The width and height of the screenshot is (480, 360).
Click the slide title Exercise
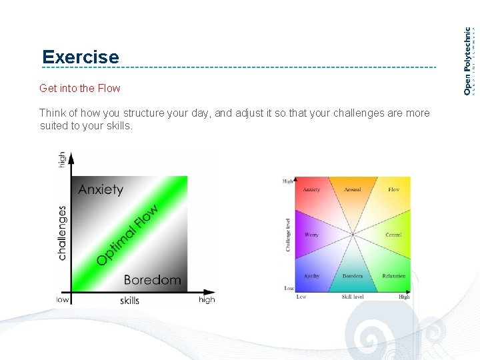point(80,57)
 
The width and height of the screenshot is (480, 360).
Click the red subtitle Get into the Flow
point(80,88)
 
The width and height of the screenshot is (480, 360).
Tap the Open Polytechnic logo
point(469,60)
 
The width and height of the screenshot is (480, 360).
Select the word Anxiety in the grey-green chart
point(101,189)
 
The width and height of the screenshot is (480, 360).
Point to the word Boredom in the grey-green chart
point(152,279)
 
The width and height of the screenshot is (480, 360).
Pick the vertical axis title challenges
point(62,232)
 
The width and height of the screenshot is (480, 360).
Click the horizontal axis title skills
point(129,301)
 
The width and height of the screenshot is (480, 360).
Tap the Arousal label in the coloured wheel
point(353,189)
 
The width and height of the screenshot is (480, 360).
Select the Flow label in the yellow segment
point(394,189)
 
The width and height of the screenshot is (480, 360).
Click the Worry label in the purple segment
point(311,235)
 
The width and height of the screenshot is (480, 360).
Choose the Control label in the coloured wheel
point(393,235)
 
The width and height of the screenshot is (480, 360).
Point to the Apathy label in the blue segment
point(311,276)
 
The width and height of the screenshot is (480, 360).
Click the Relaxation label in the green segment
point(394,276)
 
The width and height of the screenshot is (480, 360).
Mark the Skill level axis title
point(353,297)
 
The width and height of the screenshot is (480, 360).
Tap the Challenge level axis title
point(288,235)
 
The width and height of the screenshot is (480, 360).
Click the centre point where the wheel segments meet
point(353,234)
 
